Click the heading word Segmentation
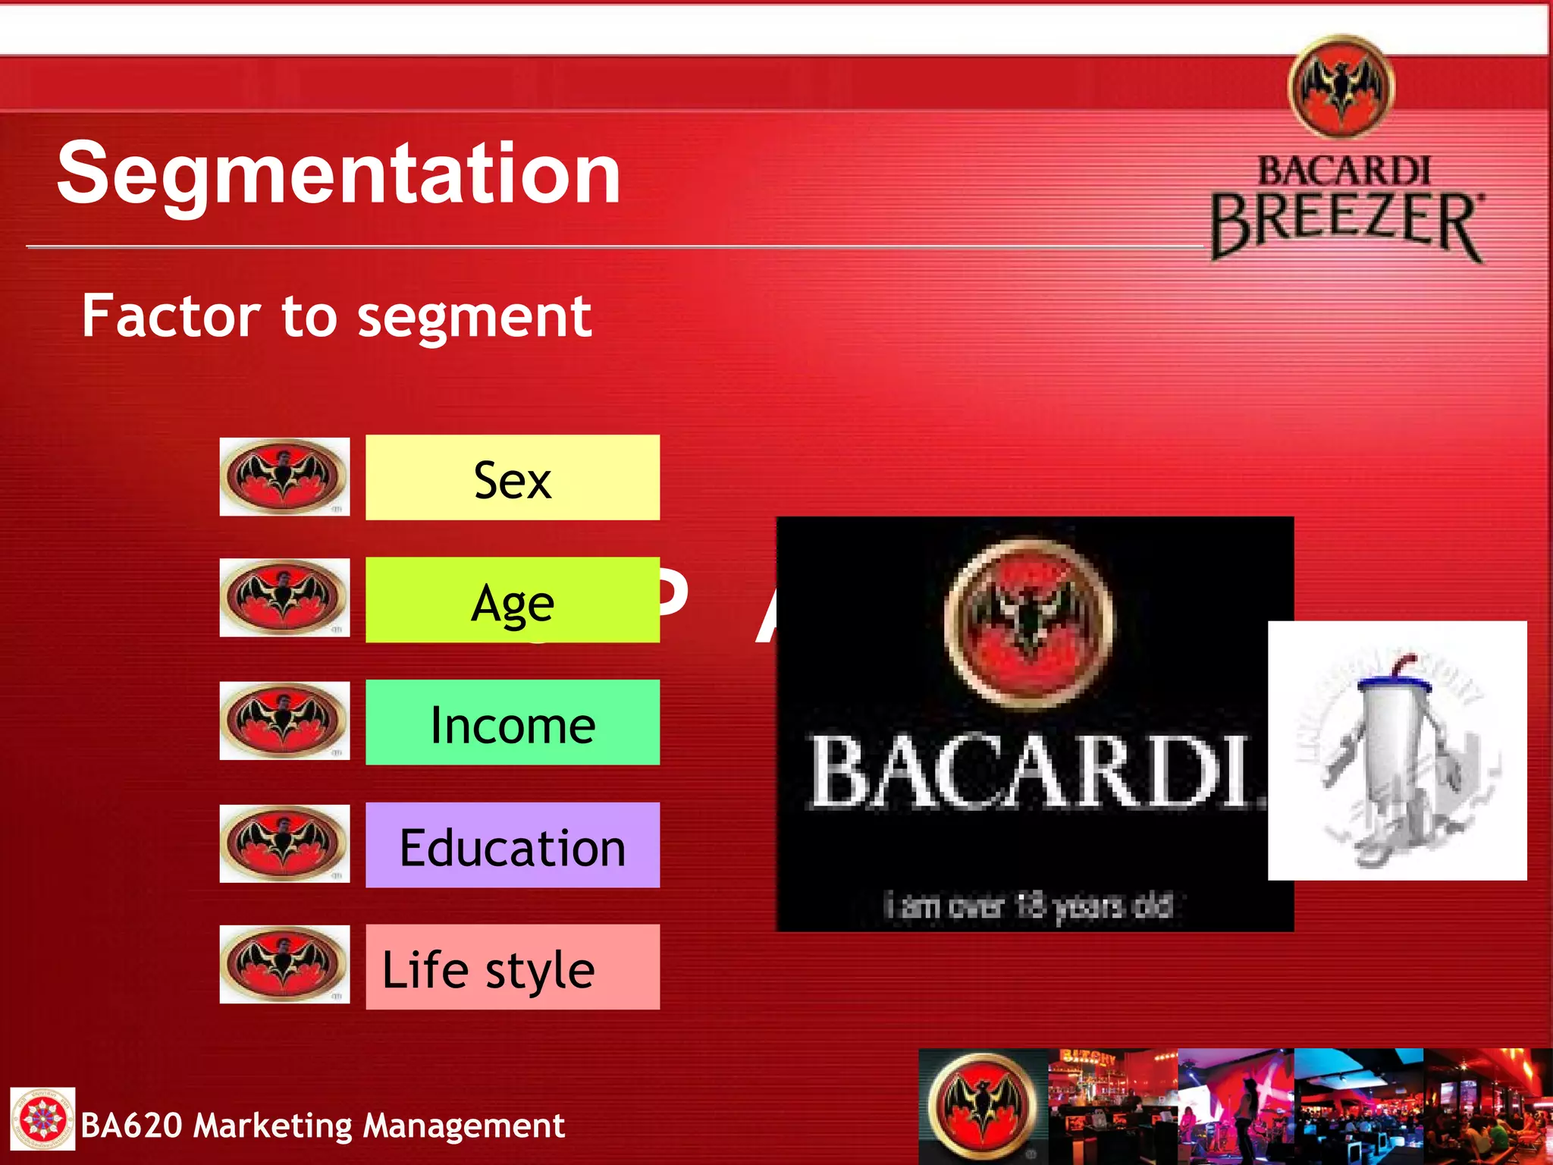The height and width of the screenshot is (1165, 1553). pos(339,174)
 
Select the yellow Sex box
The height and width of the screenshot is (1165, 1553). pos(513,478)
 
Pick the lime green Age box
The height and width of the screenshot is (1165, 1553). pos(513,601)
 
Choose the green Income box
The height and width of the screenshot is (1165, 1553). pos(513,723)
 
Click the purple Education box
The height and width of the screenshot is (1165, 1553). pos(513,846)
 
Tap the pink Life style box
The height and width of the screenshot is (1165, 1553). pos(513,968)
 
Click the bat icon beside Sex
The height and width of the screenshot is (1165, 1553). pos(284,477)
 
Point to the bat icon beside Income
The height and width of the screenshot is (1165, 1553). pos(284,721)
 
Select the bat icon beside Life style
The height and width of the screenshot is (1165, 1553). pos(284,965)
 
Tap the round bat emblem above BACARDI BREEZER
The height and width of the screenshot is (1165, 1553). pos(1341,86)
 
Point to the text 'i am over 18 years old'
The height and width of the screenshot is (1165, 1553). pos(1029,905)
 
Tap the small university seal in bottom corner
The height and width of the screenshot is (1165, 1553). pos(42,1119)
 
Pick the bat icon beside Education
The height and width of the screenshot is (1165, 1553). pos(284,843)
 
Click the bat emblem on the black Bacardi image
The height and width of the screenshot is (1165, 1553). pos(1029,622)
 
